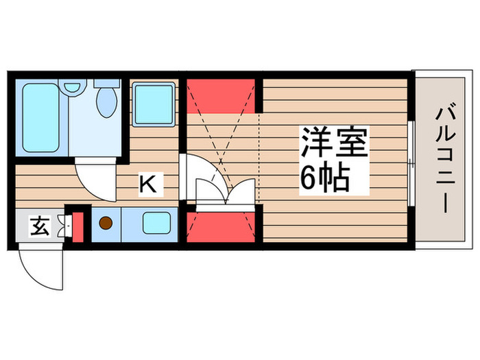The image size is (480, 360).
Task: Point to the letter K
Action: point(147,183)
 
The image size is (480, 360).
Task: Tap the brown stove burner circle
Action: point(106,224)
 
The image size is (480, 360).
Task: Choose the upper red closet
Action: point(221,95)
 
